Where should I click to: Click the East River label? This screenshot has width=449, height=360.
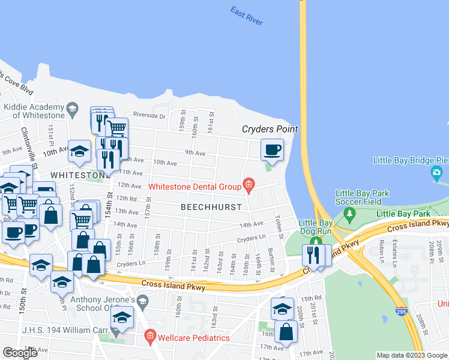[x=246, y=16]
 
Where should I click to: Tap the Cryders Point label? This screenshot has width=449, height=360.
[x=270, y=130]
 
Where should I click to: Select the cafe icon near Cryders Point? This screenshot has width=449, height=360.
[x=272, y=149]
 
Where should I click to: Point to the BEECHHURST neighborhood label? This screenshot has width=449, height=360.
[x=211, y=206]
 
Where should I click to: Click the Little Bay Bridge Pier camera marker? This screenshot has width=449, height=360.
[x=437, y=174]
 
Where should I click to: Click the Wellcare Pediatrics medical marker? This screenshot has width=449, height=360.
[x=150, y=337]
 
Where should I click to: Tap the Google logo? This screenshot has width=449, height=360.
[x=20, y=353]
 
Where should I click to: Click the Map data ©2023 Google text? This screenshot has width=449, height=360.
[x=412, y=356]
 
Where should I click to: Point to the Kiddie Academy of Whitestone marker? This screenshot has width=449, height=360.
[x=73, y=109]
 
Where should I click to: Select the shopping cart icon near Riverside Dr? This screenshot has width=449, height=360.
[x=116, y=127]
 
